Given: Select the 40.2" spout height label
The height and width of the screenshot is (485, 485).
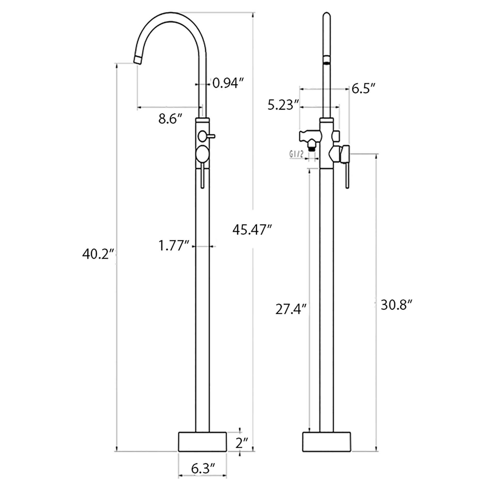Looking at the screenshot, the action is [98, 254].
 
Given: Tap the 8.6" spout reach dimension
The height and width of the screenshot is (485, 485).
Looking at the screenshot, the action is [170, 119].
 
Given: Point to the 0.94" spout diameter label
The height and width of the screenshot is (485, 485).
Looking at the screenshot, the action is [228, 83].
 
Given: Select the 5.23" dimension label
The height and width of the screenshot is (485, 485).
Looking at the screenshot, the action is [283, 105].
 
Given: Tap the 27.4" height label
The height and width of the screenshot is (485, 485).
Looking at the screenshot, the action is [291, 309].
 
